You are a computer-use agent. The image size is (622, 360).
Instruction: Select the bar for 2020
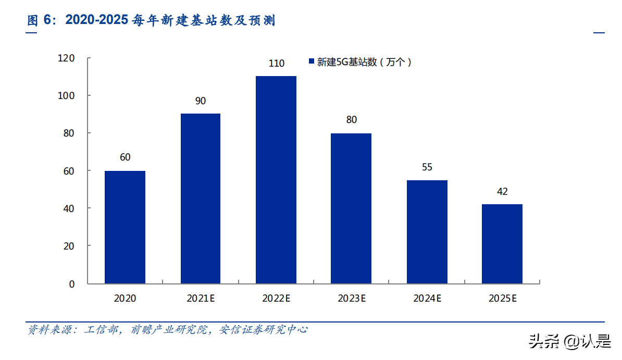[125, 227]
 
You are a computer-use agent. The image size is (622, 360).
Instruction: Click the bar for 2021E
[201, 198]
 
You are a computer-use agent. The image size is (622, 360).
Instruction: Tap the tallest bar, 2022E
[276, 180]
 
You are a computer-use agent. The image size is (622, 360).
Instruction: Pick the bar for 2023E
[351, 208]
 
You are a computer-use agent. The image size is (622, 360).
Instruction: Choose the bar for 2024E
[427, 232]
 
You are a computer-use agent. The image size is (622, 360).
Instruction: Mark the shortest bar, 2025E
[502, 244]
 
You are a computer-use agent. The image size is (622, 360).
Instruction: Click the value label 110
[276, 64]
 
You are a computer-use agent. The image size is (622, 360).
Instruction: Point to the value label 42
[502, 192]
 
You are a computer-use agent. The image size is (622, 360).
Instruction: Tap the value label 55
[427, 167]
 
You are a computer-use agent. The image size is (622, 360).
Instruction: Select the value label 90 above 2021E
[201, 101]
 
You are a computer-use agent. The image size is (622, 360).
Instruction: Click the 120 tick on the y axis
[66, 58]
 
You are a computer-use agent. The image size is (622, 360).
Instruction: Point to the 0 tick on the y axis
[72, 284]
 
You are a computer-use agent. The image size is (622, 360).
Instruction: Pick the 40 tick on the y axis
[69, 208]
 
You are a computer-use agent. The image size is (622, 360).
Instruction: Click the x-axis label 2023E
[352, 299]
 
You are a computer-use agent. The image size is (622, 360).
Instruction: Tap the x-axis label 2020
[125, 299]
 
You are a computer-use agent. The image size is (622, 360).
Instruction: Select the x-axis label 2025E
[503, 299]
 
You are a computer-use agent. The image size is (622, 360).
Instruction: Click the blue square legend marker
[311, 62]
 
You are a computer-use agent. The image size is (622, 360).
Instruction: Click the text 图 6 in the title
[41, 20]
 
